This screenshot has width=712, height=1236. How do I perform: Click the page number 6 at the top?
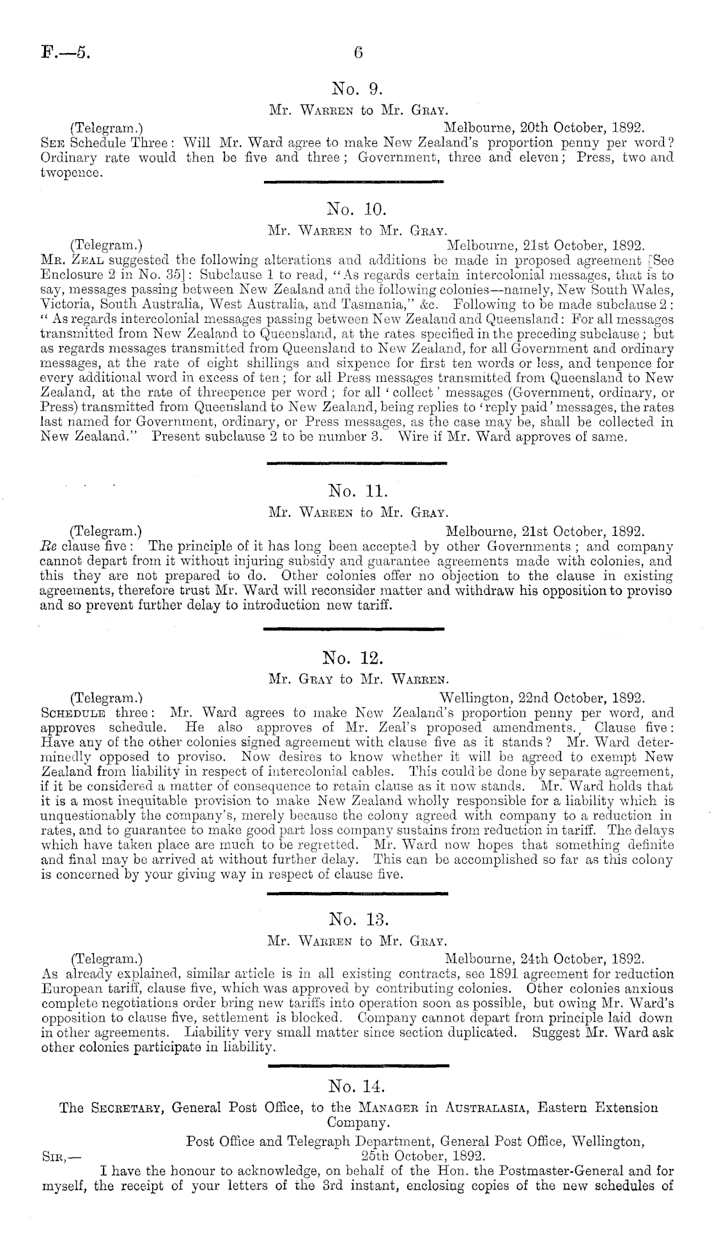(357, 52)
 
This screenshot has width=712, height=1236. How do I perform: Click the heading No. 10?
(356, 208)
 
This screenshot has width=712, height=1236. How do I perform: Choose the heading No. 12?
(356, 657)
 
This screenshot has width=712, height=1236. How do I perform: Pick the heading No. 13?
(356, 919)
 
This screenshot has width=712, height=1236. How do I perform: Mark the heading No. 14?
(356, 1086)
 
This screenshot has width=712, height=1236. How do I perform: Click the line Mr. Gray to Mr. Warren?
(356, 678)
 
